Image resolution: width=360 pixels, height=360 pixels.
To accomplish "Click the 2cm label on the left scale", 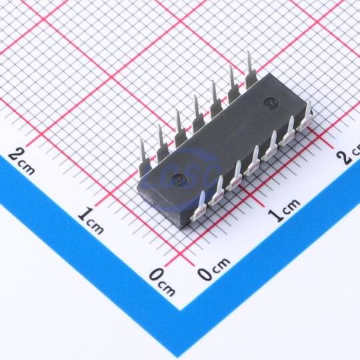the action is point(21,161).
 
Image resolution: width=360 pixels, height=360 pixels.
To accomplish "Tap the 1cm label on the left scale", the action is point(91,221).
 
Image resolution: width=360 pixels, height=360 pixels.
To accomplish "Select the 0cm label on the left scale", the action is point(162,282).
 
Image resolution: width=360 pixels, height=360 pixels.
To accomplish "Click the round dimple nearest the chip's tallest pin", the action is point(269,103).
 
